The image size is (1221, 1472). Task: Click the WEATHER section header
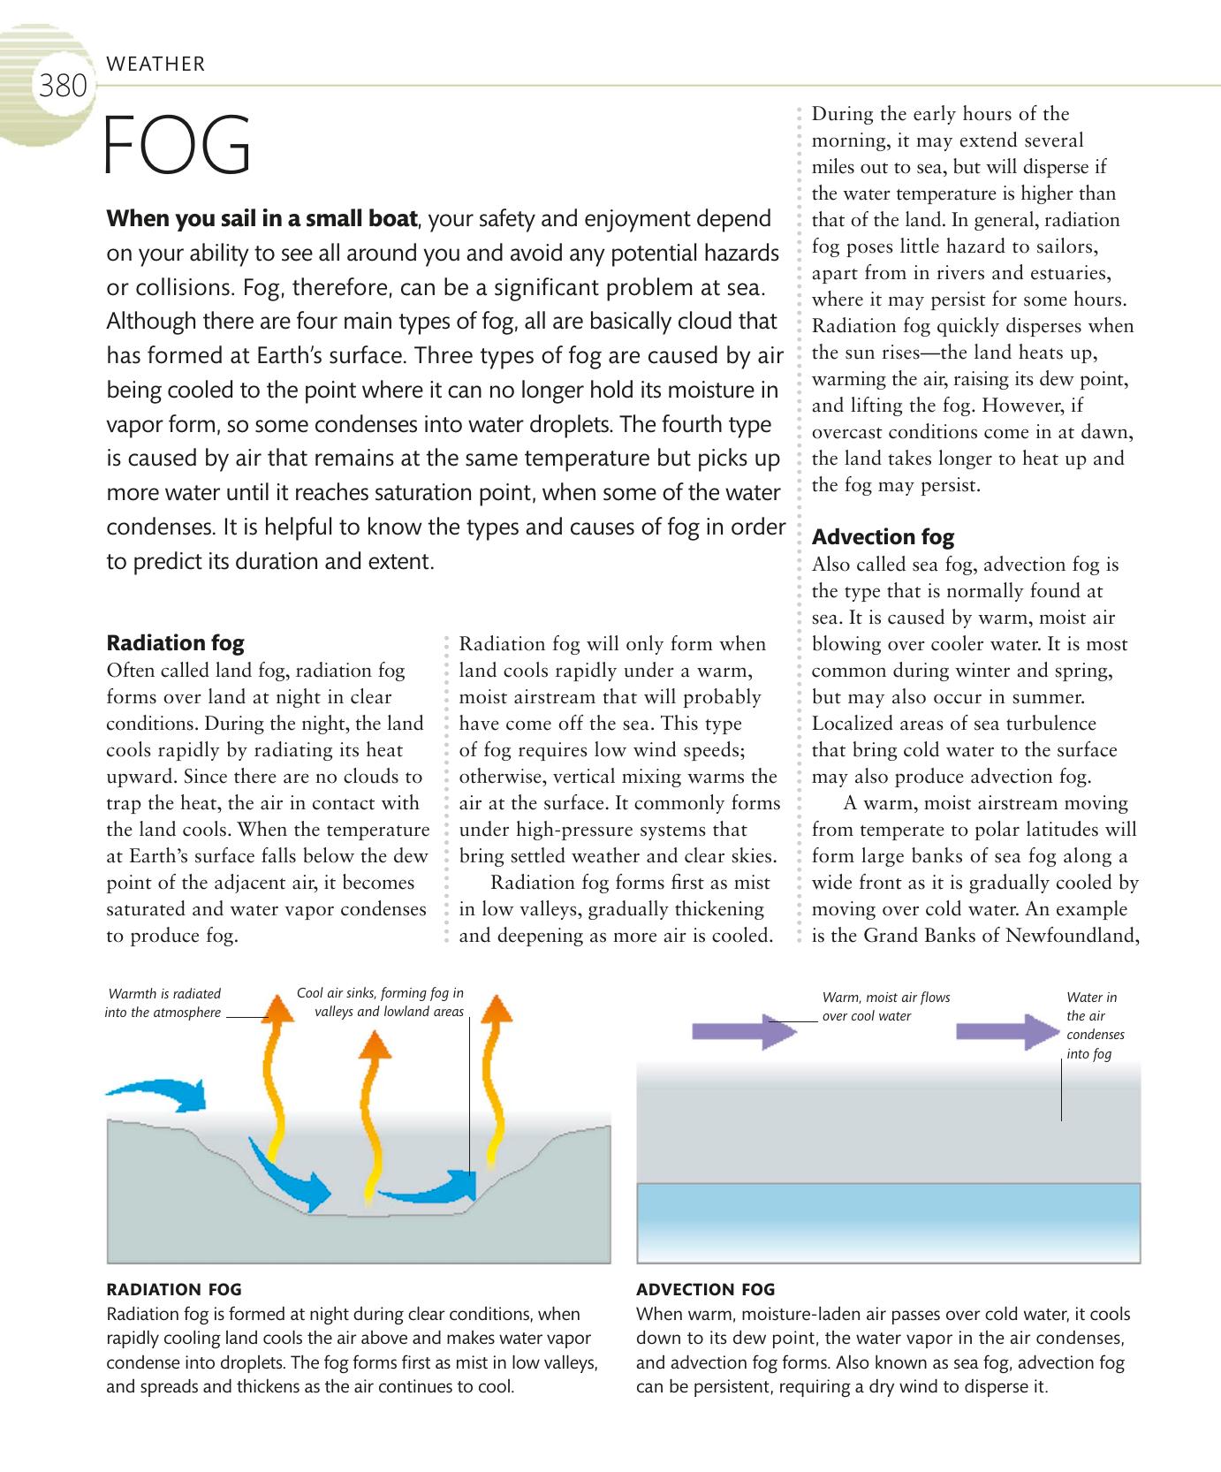tap(155, 64)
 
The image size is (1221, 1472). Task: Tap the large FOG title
tap(178, 147)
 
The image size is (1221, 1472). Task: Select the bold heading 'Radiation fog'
tap(175, 642)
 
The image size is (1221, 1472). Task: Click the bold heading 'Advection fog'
tap(883, 536)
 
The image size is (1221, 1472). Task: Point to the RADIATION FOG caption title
tap(173, 1289)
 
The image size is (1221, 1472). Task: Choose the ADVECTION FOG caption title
tap(705, 1289)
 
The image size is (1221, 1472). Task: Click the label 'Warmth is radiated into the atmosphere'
tap(163, 1003)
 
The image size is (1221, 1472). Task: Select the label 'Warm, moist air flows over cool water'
tap(885, 1006)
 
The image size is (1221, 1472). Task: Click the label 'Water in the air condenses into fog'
tap(1096, 1025)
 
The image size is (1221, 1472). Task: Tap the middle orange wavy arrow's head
tap(375, 1044)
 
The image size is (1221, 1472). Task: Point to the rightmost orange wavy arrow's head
tap(498, 1009)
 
